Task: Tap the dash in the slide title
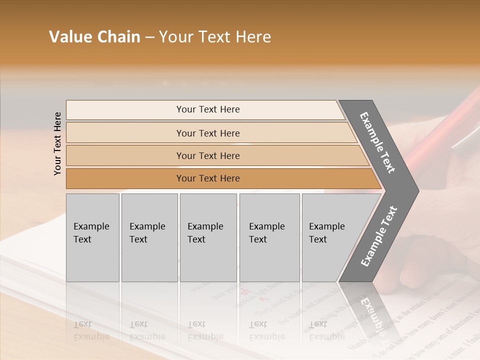(x=149, y=37)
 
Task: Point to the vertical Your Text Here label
(x=57, y=143)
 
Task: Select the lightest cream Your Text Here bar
(x=207, y=109)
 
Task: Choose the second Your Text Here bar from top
(x=207, y=133)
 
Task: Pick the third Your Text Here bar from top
(x=207, y=155)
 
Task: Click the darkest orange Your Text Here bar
(x=207, y=178)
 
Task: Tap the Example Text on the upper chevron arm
(x=377, y=142)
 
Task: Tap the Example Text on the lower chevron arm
(x=378, y=236)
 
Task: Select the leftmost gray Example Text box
(x=92, y=237)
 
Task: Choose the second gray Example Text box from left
(x=149, y=237)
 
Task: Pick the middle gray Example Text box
(x=208, y=237)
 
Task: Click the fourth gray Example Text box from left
(x=269, y=237)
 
